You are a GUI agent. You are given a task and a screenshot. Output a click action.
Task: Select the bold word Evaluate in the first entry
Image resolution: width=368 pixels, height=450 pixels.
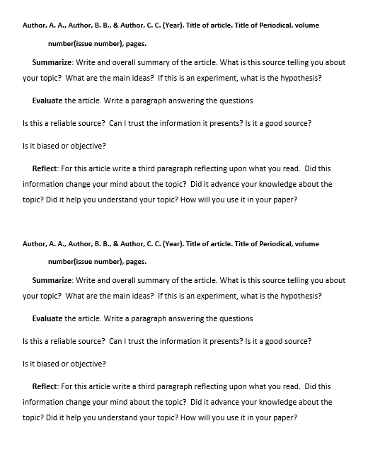pos(48,100)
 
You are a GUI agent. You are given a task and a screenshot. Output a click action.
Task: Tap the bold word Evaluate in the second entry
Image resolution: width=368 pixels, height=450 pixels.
pos(48,318)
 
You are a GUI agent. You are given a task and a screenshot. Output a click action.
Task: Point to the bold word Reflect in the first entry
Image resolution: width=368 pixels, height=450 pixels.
pos(45,168)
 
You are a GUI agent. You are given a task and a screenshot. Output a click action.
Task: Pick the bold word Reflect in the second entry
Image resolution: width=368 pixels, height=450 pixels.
pos(45,386)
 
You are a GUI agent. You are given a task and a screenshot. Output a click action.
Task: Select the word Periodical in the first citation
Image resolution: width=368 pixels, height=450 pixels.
pos(260,25)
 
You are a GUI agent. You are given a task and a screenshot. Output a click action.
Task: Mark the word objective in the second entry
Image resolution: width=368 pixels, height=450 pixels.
pos(86,364)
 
